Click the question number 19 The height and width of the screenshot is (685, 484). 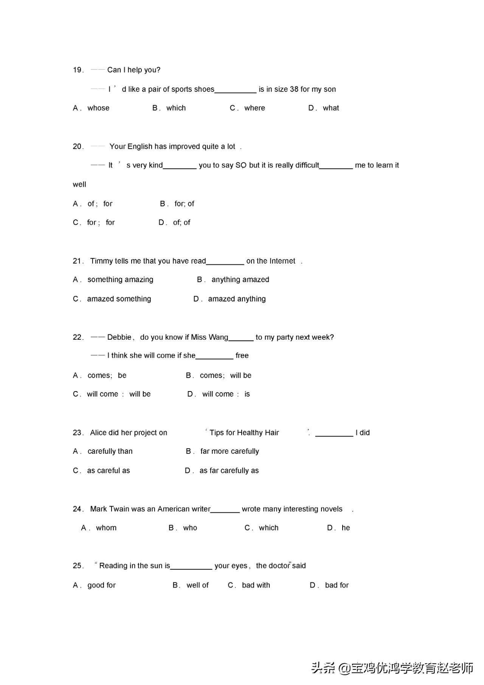pyautogui.click(x=78, y=70)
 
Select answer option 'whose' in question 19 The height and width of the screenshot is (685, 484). pyautogui.click(x=98, y=108)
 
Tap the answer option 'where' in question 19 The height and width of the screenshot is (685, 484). pyautogui.click(x=254, y=108)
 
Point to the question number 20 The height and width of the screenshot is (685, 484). pyautogui.click(x=78, y=147)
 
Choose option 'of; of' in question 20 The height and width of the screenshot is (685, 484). pyautogui.click(x=181, y=223)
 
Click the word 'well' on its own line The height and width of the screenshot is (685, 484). pyautogui.click(x=79, y=185)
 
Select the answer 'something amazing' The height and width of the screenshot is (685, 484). pyautogui.click(x=120, y=280)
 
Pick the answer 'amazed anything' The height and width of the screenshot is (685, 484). pyautogui.click(x=237, y=299)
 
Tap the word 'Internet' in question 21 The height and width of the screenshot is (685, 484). pyautogui.click(x=281, y=261)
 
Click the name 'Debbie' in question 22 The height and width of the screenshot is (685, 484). pyautogui.click(x=119, y=337)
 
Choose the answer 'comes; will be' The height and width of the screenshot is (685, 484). pyautogui.click(x=225, y=376)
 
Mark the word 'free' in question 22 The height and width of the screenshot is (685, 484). pyautogui.click(x=242, y=356)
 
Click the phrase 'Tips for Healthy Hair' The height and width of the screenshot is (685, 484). pyautogui.click(x=244, y=433)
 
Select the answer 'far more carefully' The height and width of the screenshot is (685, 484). pyautogui.click(x=230, y=452)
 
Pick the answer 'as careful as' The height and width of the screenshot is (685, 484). pyautogui.click(x=109, y=471)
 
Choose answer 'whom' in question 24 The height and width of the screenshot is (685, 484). pyautogui.click(x=106, y=528)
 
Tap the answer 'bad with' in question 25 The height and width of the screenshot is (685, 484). pyautogui.click(x=256, y=586)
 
